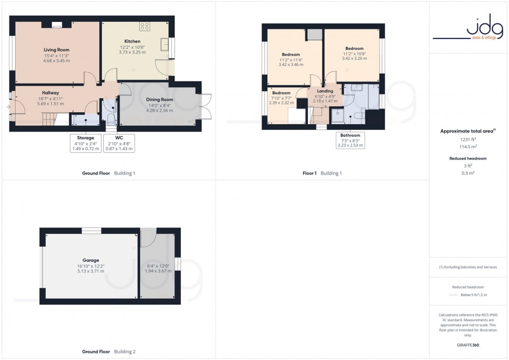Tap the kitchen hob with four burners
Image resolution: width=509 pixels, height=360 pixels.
coord(145,26)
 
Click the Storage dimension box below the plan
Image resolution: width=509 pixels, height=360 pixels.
coord(85,143)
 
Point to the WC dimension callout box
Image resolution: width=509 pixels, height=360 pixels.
coord(119,143)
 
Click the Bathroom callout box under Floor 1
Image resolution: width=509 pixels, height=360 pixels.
coord(350,141)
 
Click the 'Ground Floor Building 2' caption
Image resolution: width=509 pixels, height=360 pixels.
coord(109,352)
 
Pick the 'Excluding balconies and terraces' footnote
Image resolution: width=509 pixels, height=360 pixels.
coord(468,267)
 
